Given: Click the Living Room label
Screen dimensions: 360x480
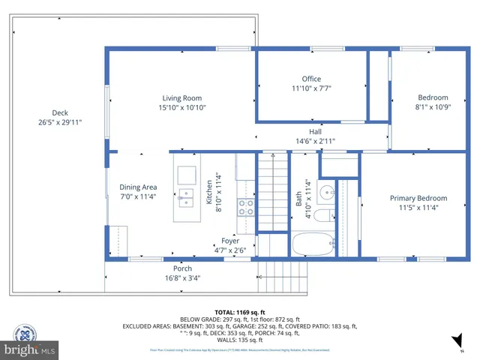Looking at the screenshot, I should (x=182, y=98).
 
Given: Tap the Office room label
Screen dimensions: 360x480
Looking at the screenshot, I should (x=311, y=79).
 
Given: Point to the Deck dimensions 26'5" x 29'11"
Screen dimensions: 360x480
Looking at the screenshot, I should (x=60, y=121).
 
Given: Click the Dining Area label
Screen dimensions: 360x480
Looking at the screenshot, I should (x=138, y=187).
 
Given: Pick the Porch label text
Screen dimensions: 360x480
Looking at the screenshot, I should (x=182, y=268).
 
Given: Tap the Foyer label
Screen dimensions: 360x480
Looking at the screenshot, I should (x=230, y=241).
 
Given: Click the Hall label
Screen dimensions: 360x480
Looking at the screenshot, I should (x=315, y=132).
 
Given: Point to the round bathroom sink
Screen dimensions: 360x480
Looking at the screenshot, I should (x=327, y=193).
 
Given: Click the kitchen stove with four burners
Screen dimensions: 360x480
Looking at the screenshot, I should (x=246, y=208).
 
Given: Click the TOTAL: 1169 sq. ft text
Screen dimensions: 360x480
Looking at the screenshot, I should (x=240, y=312).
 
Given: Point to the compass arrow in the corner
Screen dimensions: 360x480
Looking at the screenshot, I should (x=457, y=343).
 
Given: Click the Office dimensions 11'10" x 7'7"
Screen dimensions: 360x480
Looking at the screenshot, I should (x=311, y=88).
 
